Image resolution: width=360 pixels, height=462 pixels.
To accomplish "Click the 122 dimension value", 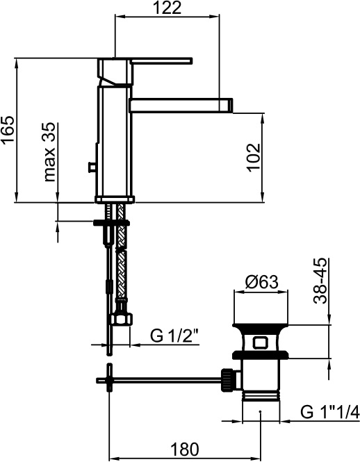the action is pos(167,8).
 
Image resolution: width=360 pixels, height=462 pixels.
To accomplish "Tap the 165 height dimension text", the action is pos(8,130).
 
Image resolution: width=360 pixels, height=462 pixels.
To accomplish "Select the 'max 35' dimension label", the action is pos(49,152).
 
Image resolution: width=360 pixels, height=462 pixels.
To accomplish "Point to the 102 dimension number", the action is pos(254,158).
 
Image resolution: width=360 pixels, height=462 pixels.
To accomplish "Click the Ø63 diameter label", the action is pos(261,282).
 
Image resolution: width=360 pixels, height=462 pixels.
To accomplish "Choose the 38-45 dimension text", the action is pos(320,281).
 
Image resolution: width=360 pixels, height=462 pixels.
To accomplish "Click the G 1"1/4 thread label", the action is pos(330,411).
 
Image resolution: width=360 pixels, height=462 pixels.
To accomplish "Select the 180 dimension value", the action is pos(185,449).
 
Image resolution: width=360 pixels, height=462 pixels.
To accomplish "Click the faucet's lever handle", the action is pos(161,60).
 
